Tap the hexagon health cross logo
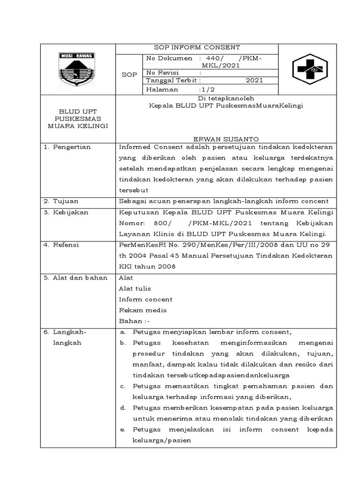pyautogui.click(x=307, y=69)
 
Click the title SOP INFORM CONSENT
pyautogui.click(x=197, y=47)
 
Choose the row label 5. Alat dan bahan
pyautogui.click(x=75, y=277)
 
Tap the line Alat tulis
pyautogui.click(x=135, y=288)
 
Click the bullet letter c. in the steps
pyautogui.click(x=122, y=386)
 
